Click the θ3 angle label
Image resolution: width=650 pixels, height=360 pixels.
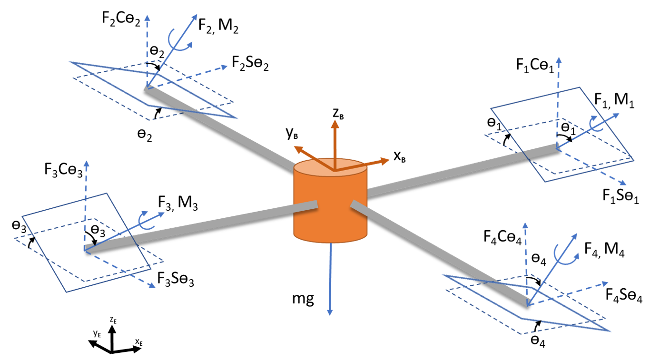(98, 232)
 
